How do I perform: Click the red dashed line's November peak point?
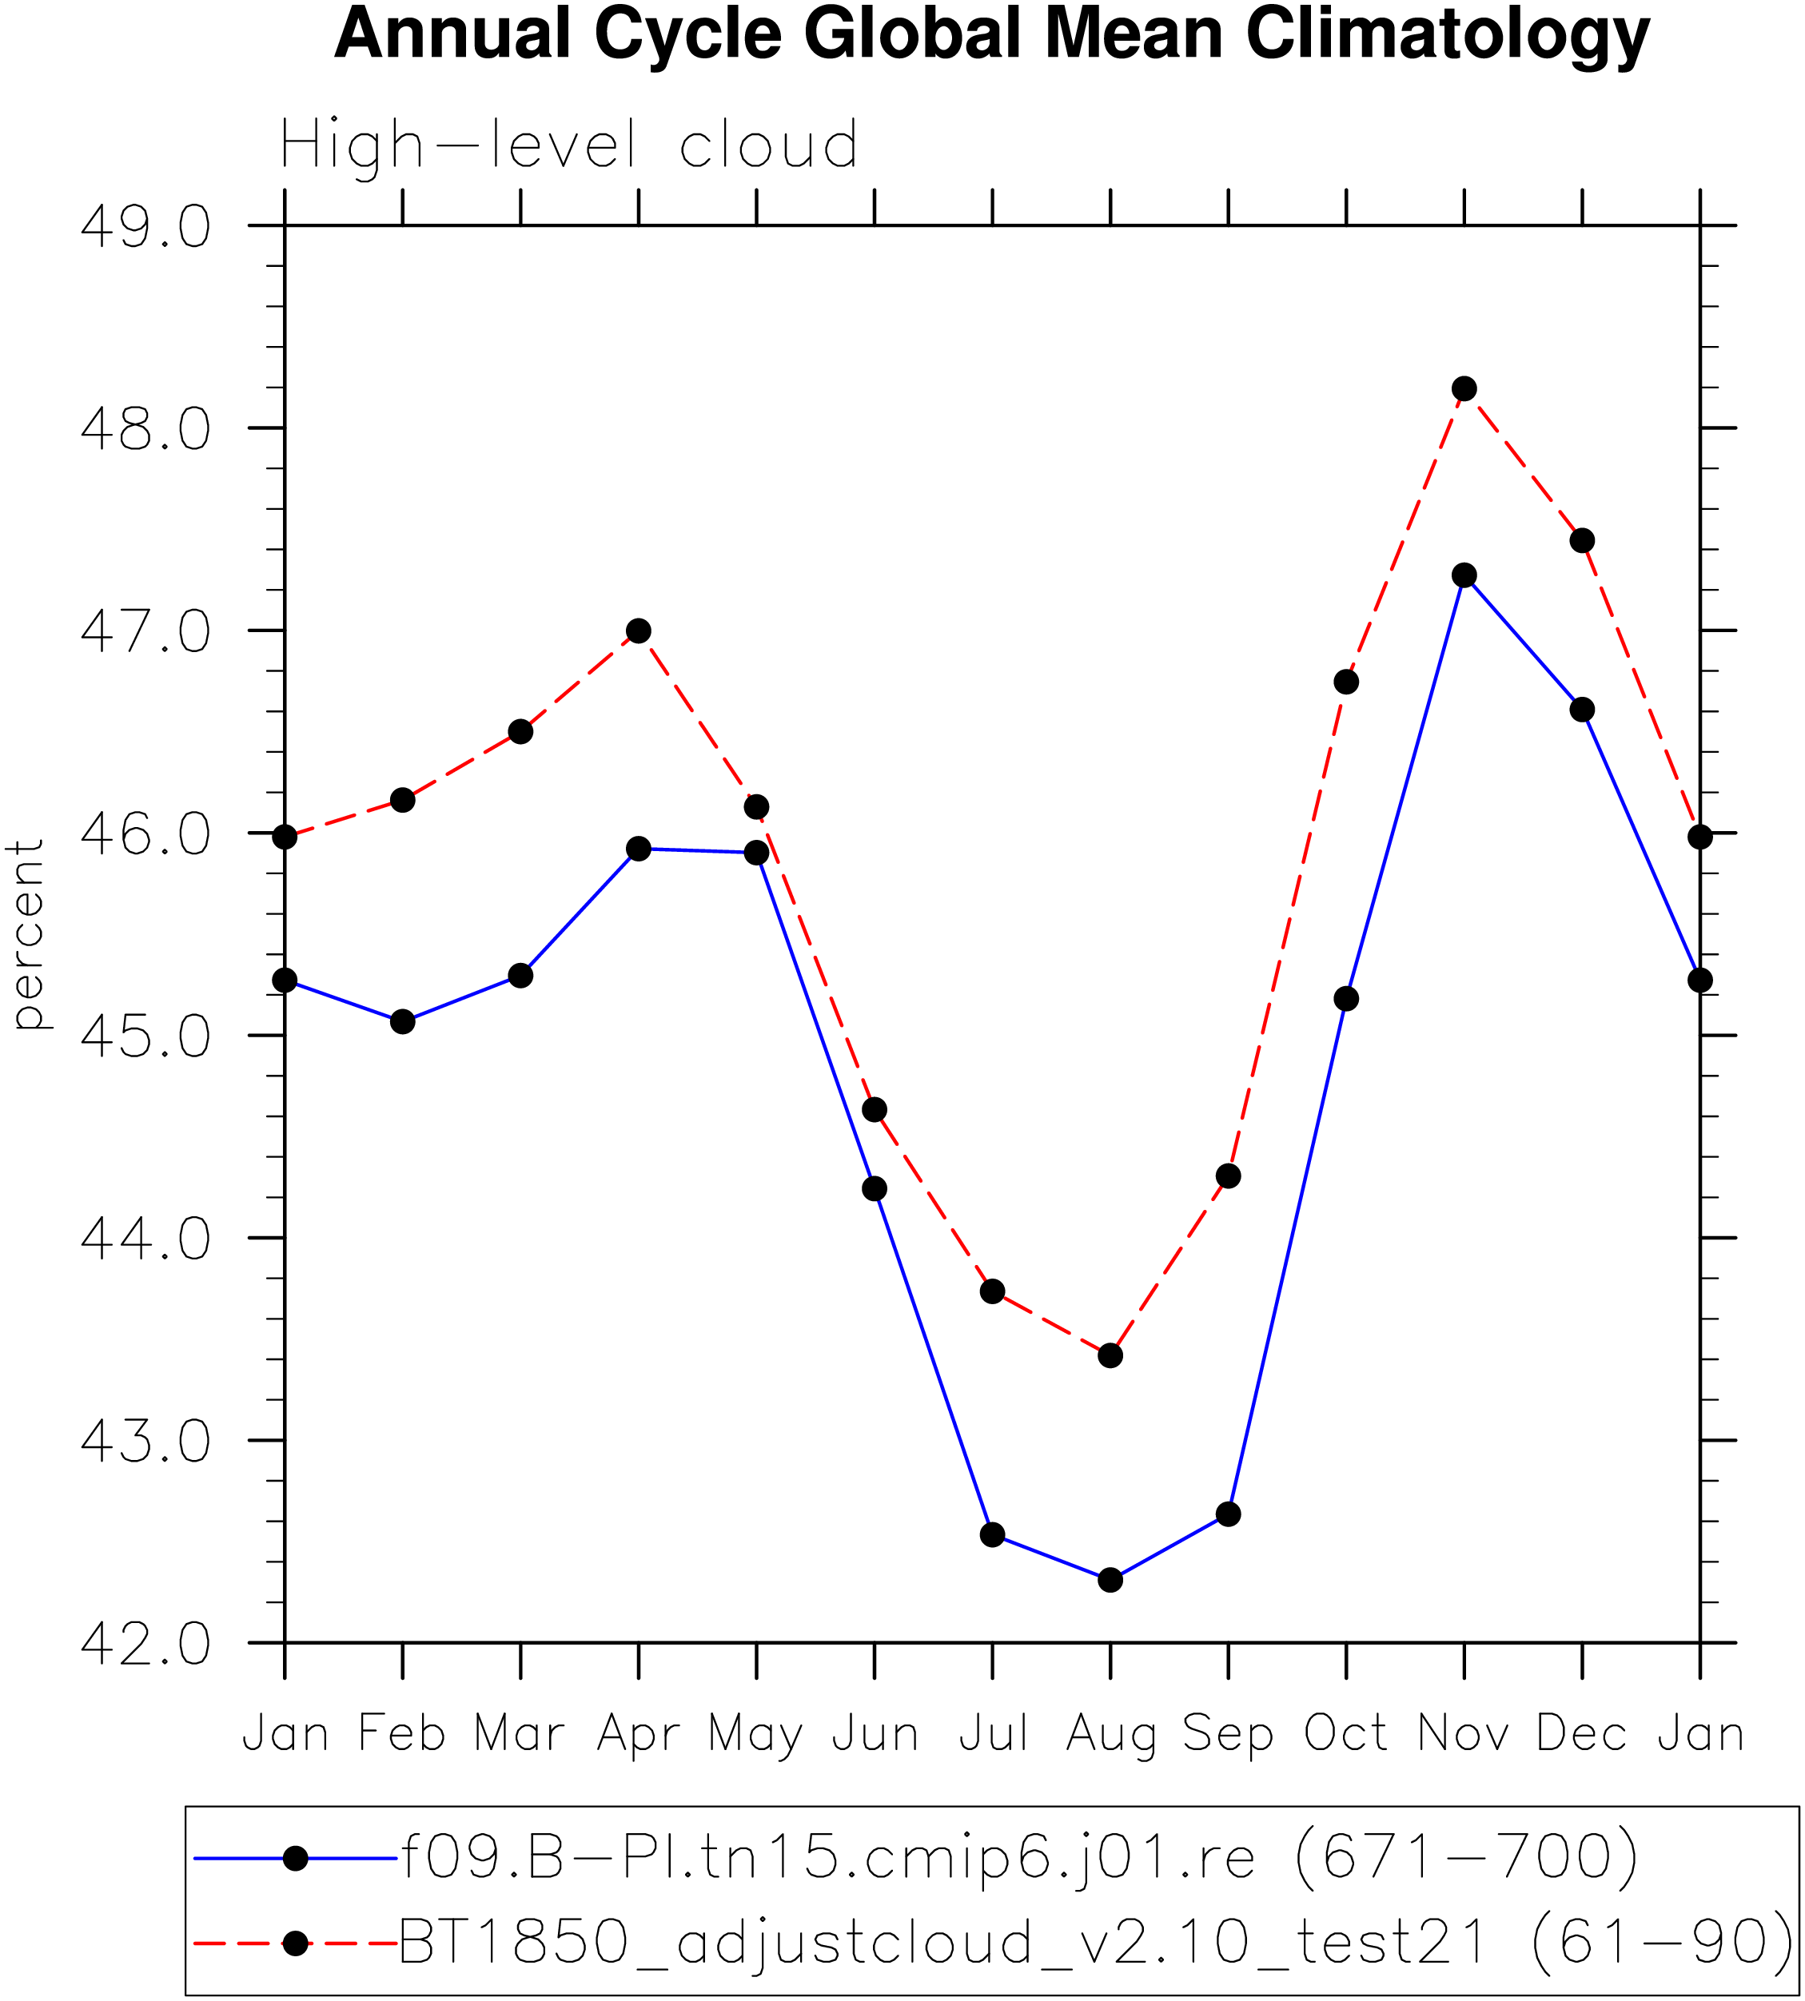point(1464,388)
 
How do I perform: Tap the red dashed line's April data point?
point(639,631)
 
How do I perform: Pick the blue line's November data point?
point(1464,575)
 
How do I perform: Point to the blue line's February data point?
point(403,1021)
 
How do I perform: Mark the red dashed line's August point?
point(1111,1355)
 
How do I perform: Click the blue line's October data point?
point(1346,999)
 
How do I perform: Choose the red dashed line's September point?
point(1228,1176)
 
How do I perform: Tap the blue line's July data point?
point(993,1535)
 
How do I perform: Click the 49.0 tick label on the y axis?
point(145,227)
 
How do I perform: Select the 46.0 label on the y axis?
point(145,834)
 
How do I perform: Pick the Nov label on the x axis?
point(1464,1734)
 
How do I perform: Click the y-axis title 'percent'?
point(26,935)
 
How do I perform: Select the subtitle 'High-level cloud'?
point(569,145)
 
